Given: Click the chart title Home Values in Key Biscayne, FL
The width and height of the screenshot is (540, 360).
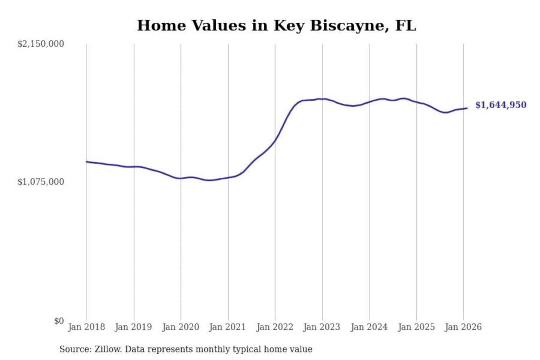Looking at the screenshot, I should [276, 25].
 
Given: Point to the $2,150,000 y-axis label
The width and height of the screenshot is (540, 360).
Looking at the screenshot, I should [40, 44].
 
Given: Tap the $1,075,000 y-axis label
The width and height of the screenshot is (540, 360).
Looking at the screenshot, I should [40, 182].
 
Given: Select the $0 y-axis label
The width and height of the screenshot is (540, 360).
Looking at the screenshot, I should [58, 321].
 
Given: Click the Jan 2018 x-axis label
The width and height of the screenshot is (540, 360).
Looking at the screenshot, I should [86, 327].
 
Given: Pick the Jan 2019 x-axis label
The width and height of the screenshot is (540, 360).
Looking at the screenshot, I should [133, 327].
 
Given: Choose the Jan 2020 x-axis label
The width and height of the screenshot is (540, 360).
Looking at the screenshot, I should [180, 327].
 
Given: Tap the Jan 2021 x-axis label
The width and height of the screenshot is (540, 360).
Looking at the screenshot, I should [227, 327].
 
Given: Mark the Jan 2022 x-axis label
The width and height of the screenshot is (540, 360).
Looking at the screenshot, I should [274, 327].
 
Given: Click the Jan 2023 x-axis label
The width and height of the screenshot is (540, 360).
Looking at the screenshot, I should [321, 327].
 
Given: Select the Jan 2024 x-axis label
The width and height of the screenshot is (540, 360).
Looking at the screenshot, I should [369, 327].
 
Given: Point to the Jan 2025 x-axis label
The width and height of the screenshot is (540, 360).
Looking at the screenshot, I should [416, 327].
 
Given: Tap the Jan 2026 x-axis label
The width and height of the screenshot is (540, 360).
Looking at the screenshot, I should [463, 327].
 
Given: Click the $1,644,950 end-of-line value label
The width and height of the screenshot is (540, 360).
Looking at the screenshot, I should [501, 105].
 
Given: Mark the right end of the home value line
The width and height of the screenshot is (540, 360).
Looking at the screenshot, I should [467, 108].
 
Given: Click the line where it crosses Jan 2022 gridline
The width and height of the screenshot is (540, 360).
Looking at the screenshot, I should [275, 141].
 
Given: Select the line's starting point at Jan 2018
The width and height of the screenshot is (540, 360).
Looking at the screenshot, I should [87, 162].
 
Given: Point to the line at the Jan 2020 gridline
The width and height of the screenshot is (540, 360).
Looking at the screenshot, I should [181, 178].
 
